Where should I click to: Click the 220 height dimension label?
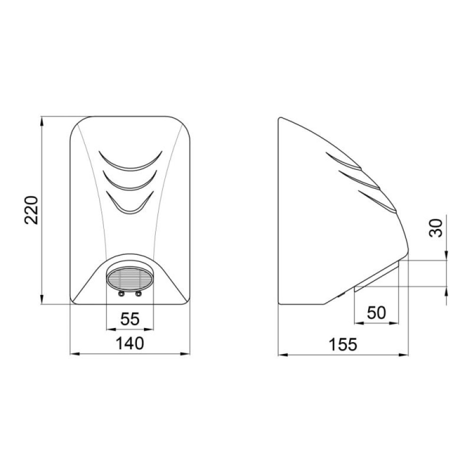tap(31, 210)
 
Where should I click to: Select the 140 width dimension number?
tap(130, 344)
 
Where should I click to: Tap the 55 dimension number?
tap(130, 319)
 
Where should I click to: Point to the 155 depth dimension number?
tap(343, 345)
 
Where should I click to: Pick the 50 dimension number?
tap(376, 313)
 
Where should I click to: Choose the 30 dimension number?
tap(436, 228)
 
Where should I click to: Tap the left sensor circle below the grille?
tap(121, 294)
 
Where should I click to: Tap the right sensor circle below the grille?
tap(138, 294)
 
